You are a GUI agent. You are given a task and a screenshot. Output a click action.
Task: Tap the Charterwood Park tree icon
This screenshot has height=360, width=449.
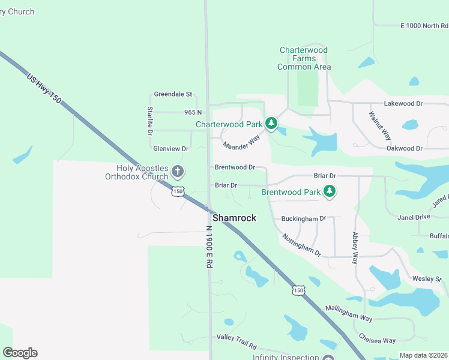[271, 124]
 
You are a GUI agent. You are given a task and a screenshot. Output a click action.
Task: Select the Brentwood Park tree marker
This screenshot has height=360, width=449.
[329, 192]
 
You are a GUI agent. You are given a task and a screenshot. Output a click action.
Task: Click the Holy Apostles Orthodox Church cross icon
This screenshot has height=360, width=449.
[177, 172]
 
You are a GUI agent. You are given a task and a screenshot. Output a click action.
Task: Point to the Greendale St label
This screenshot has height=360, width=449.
[172, 94]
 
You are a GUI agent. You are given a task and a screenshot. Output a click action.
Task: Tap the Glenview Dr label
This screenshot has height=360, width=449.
[171, 148]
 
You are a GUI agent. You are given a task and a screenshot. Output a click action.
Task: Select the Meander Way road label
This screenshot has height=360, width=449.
[241, 143]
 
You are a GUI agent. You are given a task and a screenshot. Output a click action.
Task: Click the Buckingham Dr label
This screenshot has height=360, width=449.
[303, 219]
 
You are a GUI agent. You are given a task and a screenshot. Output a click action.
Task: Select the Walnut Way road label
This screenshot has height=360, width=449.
[380, 125]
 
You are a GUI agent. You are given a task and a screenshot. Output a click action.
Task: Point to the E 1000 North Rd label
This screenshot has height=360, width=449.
[424, 26]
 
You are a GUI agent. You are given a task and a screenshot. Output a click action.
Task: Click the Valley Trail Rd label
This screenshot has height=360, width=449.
[237, 342]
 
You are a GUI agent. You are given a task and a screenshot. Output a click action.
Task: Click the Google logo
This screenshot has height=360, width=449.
[20, 353]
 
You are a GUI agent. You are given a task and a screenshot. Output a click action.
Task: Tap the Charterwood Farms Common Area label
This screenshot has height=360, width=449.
[304, 59]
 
